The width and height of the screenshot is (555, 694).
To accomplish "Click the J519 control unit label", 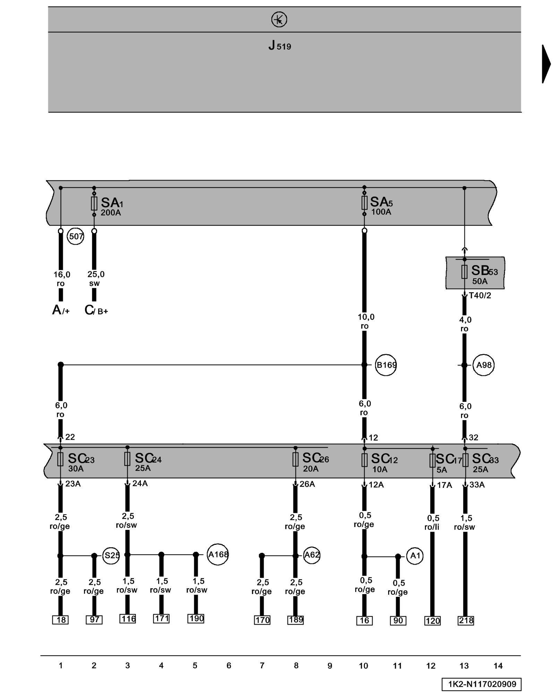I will (x=280, y=45).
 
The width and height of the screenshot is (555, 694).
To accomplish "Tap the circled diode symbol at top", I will (x=279, y=19).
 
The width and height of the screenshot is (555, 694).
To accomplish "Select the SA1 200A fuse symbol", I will (x=94, y=204).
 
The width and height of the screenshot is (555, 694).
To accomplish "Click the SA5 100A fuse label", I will (x=381, y=205).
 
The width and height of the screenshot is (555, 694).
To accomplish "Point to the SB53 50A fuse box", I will (x=475, y=273).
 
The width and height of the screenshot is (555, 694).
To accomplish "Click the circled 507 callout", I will (x=76, y=237).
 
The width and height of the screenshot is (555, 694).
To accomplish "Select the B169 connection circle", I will (x=386, y=365).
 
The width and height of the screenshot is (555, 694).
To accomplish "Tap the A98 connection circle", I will (x=484, y=365).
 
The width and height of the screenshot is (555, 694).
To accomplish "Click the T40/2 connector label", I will (x=480, y=295).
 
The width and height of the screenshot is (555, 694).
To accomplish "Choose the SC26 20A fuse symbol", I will (x=295, y=459).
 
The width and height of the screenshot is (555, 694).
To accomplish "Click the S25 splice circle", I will (x=111, y=556).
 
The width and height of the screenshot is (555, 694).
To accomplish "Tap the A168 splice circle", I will (x=218, y=555).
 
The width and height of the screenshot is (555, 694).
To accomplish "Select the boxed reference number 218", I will (x=466, y=620).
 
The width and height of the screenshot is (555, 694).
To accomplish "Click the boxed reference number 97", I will (x=94, y=620).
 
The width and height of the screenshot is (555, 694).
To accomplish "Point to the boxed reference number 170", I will (x=262, y=620).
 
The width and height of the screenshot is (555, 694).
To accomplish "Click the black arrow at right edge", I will (x=546, y=64).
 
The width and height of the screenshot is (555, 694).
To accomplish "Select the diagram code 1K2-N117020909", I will (x=481, y=684).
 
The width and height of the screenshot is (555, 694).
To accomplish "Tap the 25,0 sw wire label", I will (x=95, y=279).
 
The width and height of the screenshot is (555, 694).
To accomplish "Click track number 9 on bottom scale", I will (x=330, y=666).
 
